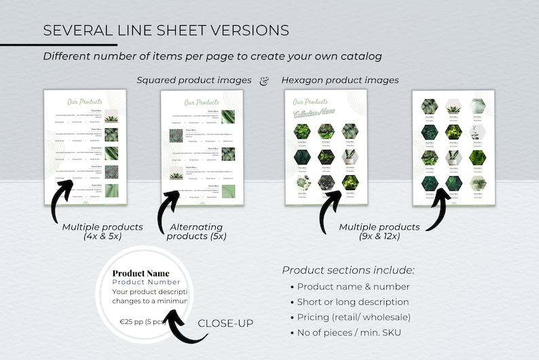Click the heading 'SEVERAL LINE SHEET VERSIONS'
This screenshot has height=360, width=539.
[x=166, y=31]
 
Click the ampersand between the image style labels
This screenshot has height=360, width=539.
[x=264, y=80]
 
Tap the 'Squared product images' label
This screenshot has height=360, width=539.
[x=193, y=80]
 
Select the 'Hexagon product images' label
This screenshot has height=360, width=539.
[x=339, y=80]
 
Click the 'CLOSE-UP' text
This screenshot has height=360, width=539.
[x=225, y=323]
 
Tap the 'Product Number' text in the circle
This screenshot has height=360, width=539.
[x=146, y=282]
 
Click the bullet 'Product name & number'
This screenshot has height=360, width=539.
[x=353, y=287]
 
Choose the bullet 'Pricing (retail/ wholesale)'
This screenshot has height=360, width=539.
[x=353, y=317]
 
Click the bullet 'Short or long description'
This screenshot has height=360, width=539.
[x=353, y=302]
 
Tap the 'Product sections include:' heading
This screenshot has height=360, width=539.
[x=348, y=270]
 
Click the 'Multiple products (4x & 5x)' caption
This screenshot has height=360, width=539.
[x=102, y=232]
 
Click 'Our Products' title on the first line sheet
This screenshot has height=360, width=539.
[x=84, y=102]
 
